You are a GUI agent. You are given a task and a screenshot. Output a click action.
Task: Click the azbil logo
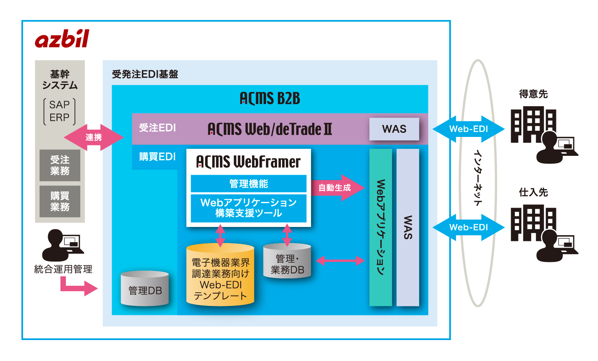click(62, 39)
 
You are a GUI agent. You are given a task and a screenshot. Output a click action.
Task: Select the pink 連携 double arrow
click(93, 137)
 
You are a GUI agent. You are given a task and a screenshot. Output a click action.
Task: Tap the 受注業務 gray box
click(60, 165)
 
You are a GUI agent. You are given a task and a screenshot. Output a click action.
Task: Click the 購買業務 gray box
click(60, 201)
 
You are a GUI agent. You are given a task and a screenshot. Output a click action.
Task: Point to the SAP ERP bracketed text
click(60, 111)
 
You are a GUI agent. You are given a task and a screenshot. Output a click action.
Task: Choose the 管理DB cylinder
click(145, 289)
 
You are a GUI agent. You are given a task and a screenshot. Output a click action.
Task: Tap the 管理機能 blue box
click(248, 184)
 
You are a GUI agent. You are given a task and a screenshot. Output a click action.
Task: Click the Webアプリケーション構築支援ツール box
click(248, 208)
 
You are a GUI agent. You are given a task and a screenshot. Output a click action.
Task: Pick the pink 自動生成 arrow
click(337, 188)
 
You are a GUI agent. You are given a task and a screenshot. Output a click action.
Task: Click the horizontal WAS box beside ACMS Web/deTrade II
click(394, 129)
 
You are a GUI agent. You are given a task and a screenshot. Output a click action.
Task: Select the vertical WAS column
click(408, 227)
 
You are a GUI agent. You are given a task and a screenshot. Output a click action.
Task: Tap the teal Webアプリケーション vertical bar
click(381, 227)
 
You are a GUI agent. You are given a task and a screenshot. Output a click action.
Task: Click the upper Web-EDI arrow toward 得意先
click(468, 129)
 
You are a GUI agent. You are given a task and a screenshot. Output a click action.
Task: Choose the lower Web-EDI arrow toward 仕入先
click(468, 227)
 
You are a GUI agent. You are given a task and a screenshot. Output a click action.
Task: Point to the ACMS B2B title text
click(270, 99)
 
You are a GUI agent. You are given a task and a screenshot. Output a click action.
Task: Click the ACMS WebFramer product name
click(248, 162)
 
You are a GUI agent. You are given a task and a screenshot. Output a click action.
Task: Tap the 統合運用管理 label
click(63, 269)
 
